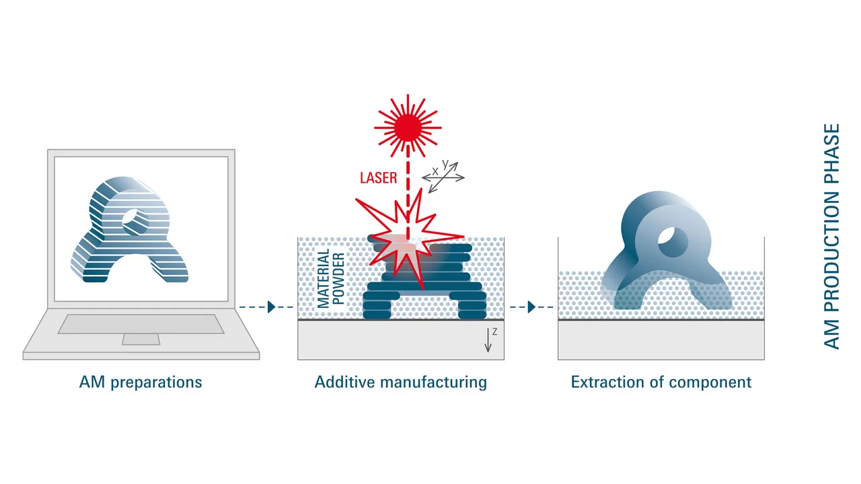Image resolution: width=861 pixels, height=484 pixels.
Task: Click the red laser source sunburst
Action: pos(408,126)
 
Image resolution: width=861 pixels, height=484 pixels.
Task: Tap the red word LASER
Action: pos(378,178)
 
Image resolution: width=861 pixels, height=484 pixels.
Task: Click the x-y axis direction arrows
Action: pos(443,177)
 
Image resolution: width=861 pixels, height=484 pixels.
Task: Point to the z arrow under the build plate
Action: pos(489,341)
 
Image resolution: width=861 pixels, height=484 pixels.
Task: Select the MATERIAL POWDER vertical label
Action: pos(331,278)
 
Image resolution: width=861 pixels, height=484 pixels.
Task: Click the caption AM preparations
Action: pos(141,382)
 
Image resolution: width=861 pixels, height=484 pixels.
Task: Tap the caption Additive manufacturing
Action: pos(400,382)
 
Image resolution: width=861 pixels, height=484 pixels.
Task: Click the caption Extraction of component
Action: pos(661,382)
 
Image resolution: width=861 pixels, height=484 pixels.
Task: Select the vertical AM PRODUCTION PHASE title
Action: pos(832,236)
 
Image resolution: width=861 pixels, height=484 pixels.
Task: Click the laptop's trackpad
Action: pos(141,339)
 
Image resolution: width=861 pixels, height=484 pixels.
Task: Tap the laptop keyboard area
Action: pos(141,324)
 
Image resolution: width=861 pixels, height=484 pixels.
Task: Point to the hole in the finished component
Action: pos(671,241)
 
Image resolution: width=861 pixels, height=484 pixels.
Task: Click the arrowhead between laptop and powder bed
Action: pos(271,307)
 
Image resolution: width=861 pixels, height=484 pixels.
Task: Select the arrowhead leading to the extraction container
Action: pos(531,307)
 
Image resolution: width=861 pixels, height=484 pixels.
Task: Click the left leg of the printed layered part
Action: pos(381,306)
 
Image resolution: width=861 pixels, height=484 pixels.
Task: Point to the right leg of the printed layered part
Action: pos(472,306)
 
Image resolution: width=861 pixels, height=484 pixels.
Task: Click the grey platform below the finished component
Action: pos(661,340)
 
